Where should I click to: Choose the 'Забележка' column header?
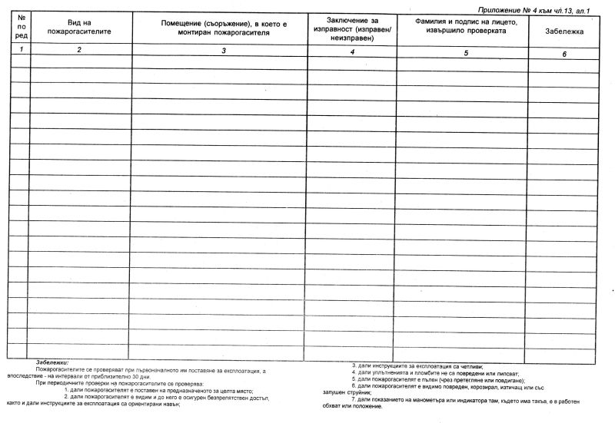tap(563, 31)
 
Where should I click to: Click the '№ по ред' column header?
tap(20, 28)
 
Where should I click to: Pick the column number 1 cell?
tap(20, 49)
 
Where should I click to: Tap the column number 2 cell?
tap(80, 50)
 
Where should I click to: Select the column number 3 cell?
tap(223, 51)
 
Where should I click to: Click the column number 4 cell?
tap(351, 51)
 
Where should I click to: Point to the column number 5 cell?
tap(466, 52)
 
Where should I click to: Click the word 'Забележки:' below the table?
tap(52, 362)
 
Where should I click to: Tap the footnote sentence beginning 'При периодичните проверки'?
tap(119, 382)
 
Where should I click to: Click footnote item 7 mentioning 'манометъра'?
tap(454, 402)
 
